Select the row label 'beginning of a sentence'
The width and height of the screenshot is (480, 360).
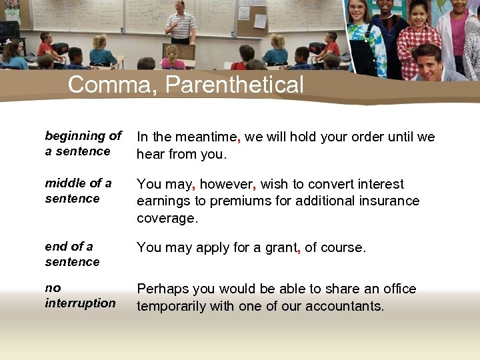click(x=83, y=143)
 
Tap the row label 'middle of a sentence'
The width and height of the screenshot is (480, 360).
click(x=78, y=191)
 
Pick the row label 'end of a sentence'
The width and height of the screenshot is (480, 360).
click(x=72, y=254)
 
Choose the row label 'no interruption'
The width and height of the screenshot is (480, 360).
click(x=80, y=295)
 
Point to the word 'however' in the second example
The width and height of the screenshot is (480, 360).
click(x=226, y=184)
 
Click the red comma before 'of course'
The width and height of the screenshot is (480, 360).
click(x=299, y=250)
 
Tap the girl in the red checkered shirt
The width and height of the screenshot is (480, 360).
click(x=418, y=40)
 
